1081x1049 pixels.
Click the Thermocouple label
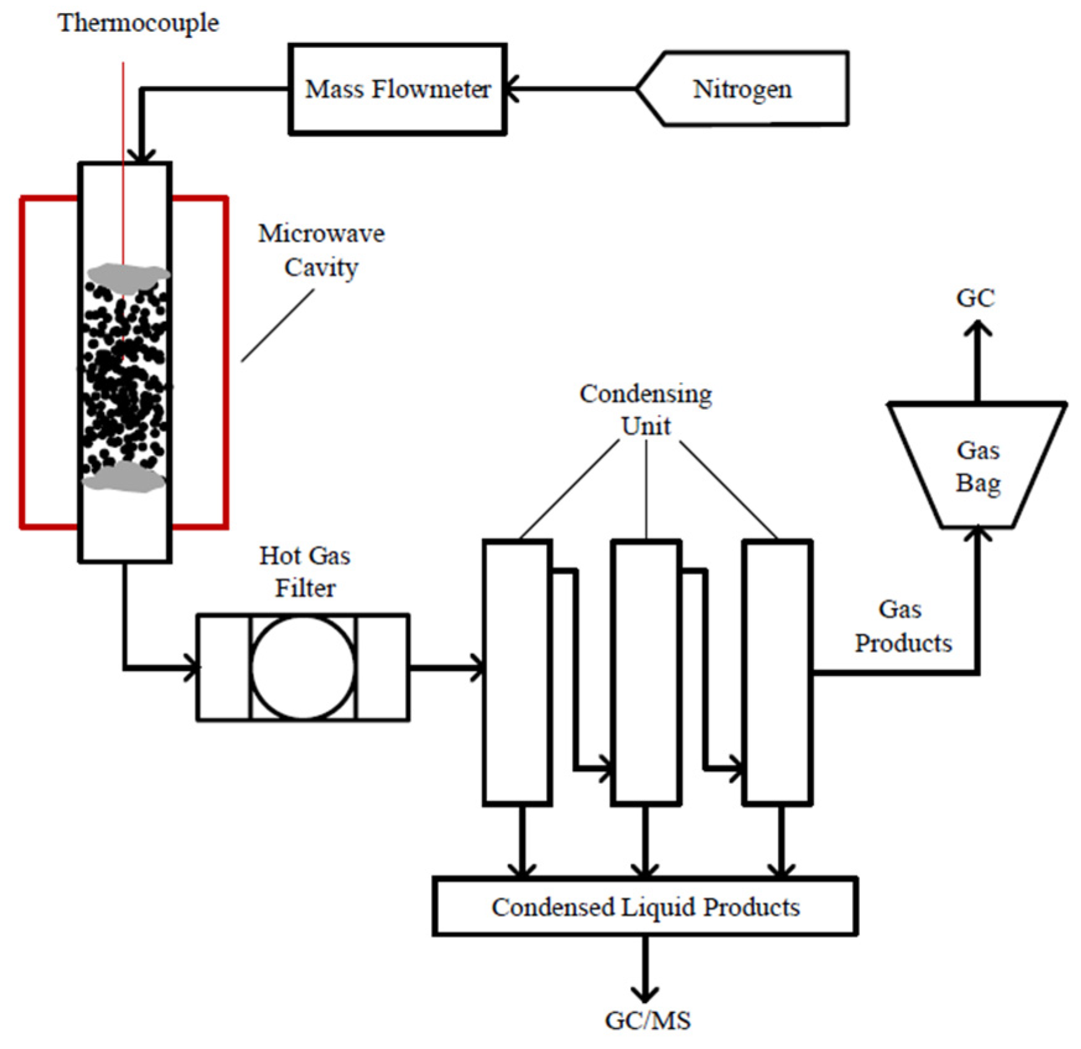tap(138, 23)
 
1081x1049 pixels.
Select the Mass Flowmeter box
tap(397, 89)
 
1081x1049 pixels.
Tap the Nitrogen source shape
tap(742, 89)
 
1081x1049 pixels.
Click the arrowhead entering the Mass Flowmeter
tap(511, 89)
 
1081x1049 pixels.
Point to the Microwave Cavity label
tap(321, 250)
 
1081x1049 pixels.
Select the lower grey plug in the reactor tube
tap(124, 477)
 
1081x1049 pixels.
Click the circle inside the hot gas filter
tap(303, 668)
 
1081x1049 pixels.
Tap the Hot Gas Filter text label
tap(305, 571)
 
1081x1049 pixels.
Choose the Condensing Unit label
tap(646, 409)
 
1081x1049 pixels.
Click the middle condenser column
tap(646, 672)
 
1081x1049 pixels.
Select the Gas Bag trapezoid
tap(977, 466)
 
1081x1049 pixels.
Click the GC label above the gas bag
tap(975, 298)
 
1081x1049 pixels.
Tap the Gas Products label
tap(903, 625)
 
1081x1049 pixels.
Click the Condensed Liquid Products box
tap(645, 907)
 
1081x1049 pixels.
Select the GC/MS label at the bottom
tap(647, 1020)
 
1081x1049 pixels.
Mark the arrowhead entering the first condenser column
tap(478, 668)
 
